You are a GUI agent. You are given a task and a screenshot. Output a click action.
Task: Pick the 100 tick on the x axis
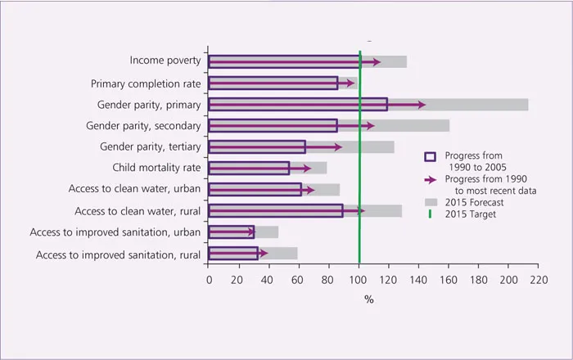[x=359, y=280]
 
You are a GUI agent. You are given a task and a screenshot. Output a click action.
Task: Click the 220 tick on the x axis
[x=538, y=280]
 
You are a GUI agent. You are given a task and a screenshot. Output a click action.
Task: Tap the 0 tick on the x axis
[x=209, y=280]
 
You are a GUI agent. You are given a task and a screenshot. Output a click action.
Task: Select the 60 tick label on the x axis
[x=299, y=280]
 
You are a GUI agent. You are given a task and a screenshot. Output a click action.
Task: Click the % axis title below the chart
[x=369, y=299]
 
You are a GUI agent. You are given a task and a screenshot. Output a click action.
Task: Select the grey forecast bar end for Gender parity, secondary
[x=449, y=126]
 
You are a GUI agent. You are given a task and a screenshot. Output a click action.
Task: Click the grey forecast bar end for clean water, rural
[x=401, y=211]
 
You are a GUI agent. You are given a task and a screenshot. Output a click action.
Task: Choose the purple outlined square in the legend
[x=430, y=156]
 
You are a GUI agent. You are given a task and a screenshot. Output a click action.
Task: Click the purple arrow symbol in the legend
[x=430, y=178]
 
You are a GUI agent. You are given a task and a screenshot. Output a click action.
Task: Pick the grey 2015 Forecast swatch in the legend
[x=430, y=201]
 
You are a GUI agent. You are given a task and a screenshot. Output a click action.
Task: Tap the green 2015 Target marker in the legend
[x=430, y=214]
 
